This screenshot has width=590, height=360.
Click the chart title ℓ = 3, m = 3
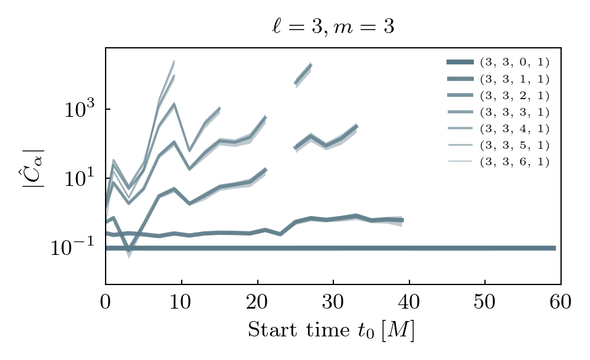click(329, 27)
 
